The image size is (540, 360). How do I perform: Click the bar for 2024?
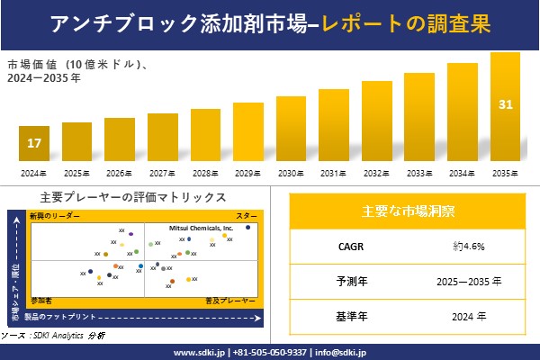tap(33, 143)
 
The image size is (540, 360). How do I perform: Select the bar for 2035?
tap(505, 107)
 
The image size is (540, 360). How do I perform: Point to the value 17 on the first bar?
tap(33, 143)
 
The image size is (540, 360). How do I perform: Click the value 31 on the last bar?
tap(505, 104)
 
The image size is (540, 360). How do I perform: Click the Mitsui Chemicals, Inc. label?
tap(202, 229)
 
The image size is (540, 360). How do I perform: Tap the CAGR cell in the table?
tap(347, 246)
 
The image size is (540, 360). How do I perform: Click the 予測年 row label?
tap(347, 281)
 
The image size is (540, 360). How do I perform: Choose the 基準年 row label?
tap(347, 316)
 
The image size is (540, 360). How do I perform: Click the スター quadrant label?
tap(246, 217)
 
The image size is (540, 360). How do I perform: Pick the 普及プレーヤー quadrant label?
tap(225, 298)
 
